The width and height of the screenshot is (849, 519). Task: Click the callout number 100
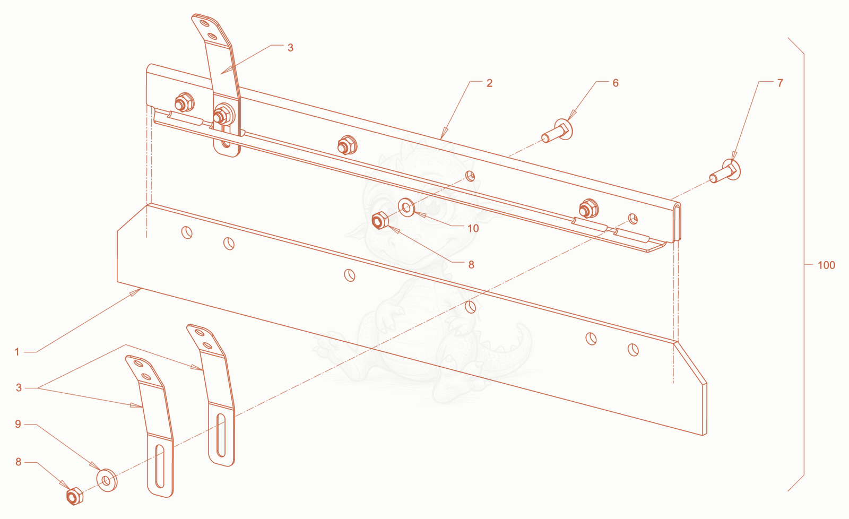click(x=826, y=265)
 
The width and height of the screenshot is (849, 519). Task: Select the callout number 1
click(x=16, y=352)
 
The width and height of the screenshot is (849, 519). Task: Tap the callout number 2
click(x=489, y=83)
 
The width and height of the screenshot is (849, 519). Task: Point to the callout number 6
click(x=616, y=83)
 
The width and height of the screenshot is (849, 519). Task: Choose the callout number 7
click(x=780, y=83)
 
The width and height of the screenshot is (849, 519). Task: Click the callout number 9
click(x=18, y=424)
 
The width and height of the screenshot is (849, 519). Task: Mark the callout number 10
click(x=473, y=228)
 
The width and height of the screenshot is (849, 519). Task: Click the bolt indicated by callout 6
click(x=557, y=131)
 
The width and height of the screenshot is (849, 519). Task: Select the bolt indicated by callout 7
click(x=725, y=170)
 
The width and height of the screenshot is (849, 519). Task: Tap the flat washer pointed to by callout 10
click(x=406, y=207)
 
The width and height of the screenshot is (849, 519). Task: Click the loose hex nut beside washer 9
click(x=75, y=496)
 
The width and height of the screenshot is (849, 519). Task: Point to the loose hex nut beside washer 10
click(x=380, y=220)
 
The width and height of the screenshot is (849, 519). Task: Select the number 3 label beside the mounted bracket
click(x=290, y=48)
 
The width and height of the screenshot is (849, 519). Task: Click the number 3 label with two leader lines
click(x=19, y=388)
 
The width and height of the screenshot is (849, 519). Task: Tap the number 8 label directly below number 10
click(x=471, y=265)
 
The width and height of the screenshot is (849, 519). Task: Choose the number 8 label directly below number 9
click(x=18, y=462)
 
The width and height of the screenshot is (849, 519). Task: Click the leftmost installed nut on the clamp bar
click(x=184, y=102)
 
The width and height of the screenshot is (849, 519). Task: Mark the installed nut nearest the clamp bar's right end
click(x=588, y=209)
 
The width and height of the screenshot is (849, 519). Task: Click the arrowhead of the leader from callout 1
click(x=136, y=292)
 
